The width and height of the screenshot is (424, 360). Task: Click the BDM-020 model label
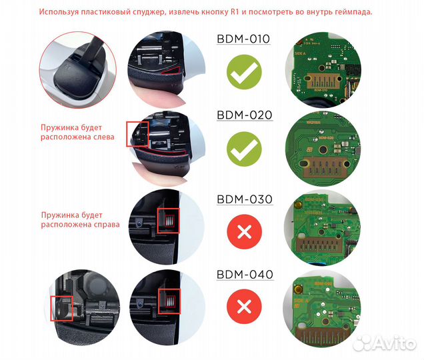pos(244,115)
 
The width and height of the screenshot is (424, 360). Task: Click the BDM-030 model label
pos(244,199)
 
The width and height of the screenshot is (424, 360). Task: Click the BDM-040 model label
pos(244,274)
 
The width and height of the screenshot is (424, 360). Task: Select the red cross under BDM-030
pos(244,233)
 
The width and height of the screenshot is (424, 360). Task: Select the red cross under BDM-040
pos(244,307)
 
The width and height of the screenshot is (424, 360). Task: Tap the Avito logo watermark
pos(388,343)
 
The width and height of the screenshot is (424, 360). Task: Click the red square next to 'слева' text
pos(137,135)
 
